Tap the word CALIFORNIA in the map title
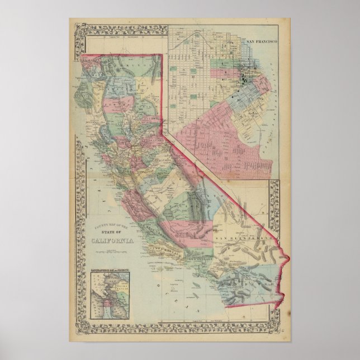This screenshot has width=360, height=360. point(112,240)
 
